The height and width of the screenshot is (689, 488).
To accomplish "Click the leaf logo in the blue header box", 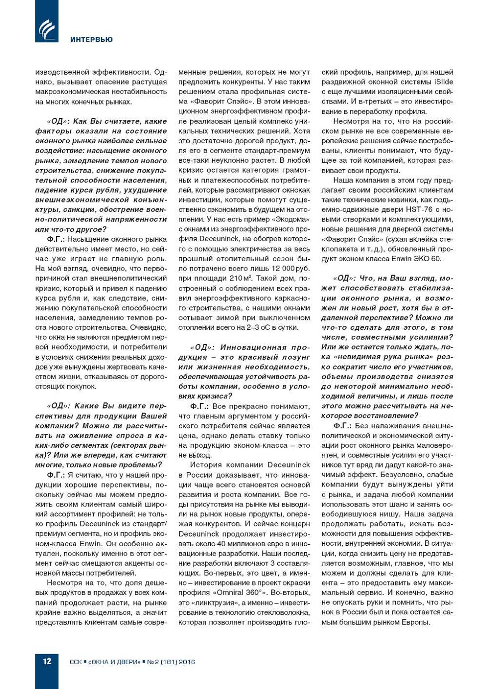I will pos(46,29).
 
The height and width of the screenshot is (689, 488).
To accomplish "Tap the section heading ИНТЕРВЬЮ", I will pos(91,39).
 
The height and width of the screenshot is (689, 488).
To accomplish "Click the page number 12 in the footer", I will pos(47,661).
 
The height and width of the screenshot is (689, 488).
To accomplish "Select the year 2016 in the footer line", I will pos(187,662).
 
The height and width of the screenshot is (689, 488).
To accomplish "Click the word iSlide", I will pos(444,82).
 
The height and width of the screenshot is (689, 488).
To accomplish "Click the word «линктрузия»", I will pos(215,602).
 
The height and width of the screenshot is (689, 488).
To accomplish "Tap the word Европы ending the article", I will pos(413,622).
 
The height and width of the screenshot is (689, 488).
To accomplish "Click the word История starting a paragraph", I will pos(206,465).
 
